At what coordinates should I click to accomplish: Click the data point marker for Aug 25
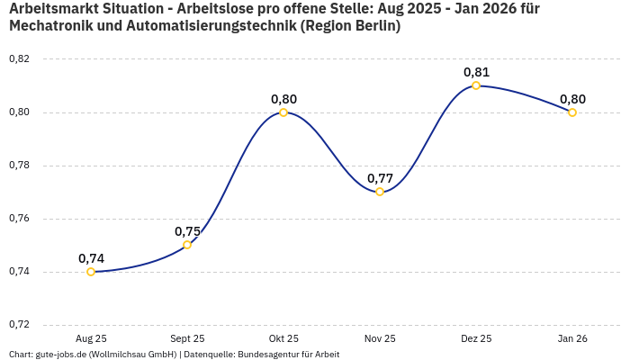pos(91,272)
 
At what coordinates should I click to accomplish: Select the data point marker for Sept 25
pos(187,245)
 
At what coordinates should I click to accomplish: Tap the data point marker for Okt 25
pos(283,112)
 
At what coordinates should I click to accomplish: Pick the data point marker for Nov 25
pos(380,192)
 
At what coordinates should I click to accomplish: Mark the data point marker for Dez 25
pos(476,85)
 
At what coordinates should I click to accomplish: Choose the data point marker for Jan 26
pos(572,112)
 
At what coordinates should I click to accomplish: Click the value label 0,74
pos(91,258)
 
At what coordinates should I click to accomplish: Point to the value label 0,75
pos(187,231)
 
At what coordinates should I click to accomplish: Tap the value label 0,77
pos(380,178)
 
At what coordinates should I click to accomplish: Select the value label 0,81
pos(476,72)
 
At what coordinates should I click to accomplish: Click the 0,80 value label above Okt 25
pos(283,99)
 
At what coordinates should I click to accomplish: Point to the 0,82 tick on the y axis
pos(19,59)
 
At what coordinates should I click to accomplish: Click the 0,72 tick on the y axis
pos(19,324)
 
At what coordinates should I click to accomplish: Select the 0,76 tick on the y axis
pos(19,219)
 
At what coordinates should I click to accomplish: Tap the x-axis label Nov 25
pos(380,338)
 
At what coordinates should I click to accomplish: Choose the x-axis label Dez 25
pos(476,338)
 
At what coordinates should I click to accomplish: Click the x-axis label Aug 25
pos(91,338)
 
